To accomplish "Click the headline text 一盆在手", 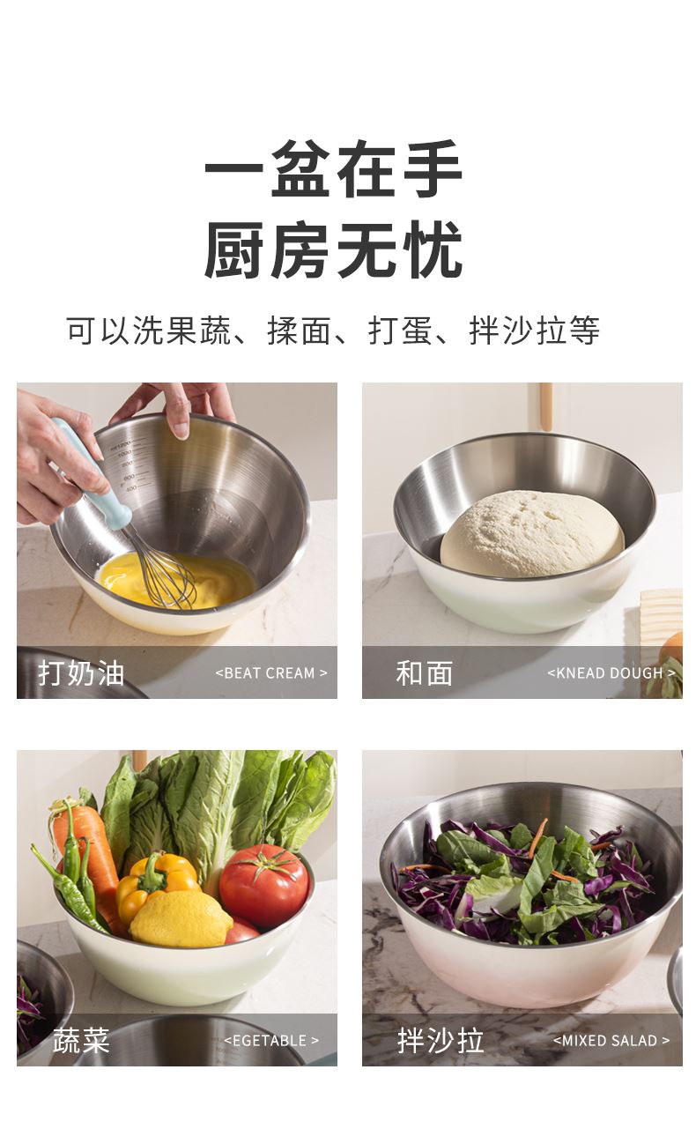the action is tap(333, 169).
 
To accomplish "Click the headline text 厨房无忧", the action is tap(333, 249).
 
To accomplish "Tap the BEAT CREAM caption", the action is tap(271, 672).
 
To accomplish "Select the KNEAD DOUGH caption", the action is tap(611, 672).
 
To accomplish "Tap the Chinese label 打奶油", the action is tap(81, 672).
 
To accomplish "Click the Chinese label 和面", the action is tap(425, 672).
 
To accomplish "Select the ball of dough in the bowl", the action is tap(532, 535).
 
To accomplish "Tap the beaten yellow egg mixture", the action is tap(176, 581).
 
